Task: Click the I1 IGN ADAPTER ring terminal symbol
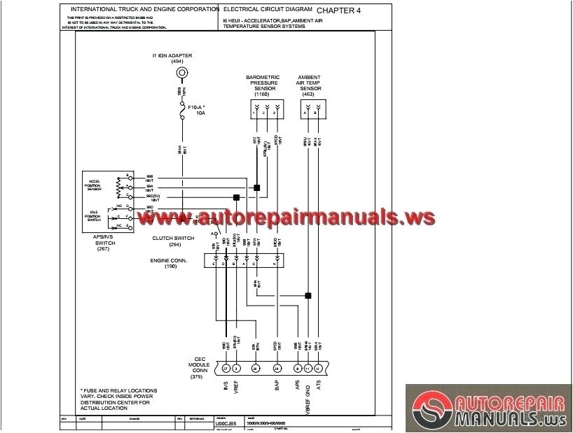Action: coord(182,73)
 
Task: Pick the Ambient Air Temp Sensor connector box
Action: coord(310,108)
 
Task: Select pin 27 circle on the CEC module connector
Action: coord(226,368)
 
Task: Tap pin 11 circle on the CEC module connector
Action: coord(308,368)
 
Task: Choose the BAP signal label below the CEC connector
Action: coord(277,385)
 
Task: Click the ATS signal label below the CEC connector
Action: coord(319,385)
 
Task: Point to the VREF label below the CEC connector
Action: coord(237,387)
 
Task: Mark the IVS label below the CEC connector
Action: coord(226,385)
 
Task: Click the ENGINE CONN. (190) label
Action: coord(170,263)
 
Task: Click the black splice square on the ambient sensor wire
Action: coord(308,295)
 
